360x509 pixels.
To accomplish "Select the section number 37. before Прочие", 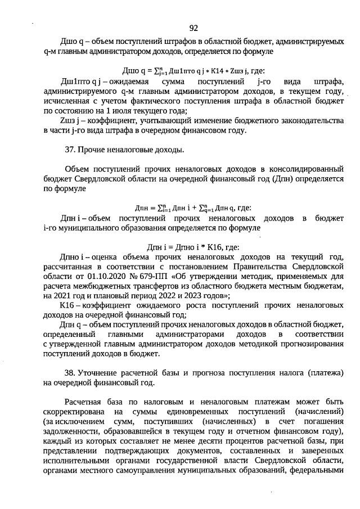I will tap(71, 150).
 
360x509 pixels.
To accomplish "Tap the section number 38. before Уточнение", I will tap(71, 373).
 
